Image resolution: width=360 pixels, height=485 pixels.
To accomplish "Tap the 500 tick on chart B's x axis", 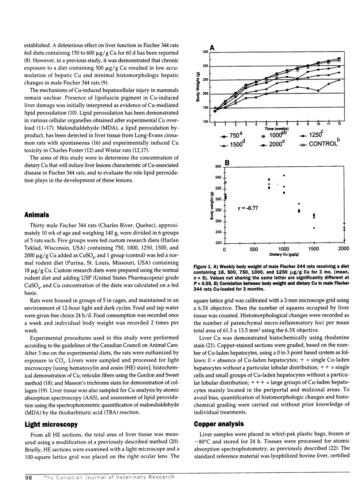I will [254, 250].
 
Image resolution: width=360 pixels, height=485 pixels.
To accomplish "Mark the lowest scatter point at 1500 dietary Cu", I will [314, 228].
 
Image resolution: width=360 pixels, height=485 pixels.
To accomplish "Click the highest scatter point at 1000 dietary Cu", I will [284, 175].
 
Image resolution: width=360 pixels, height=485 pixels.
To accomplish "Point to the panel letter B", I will [227, 163].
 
